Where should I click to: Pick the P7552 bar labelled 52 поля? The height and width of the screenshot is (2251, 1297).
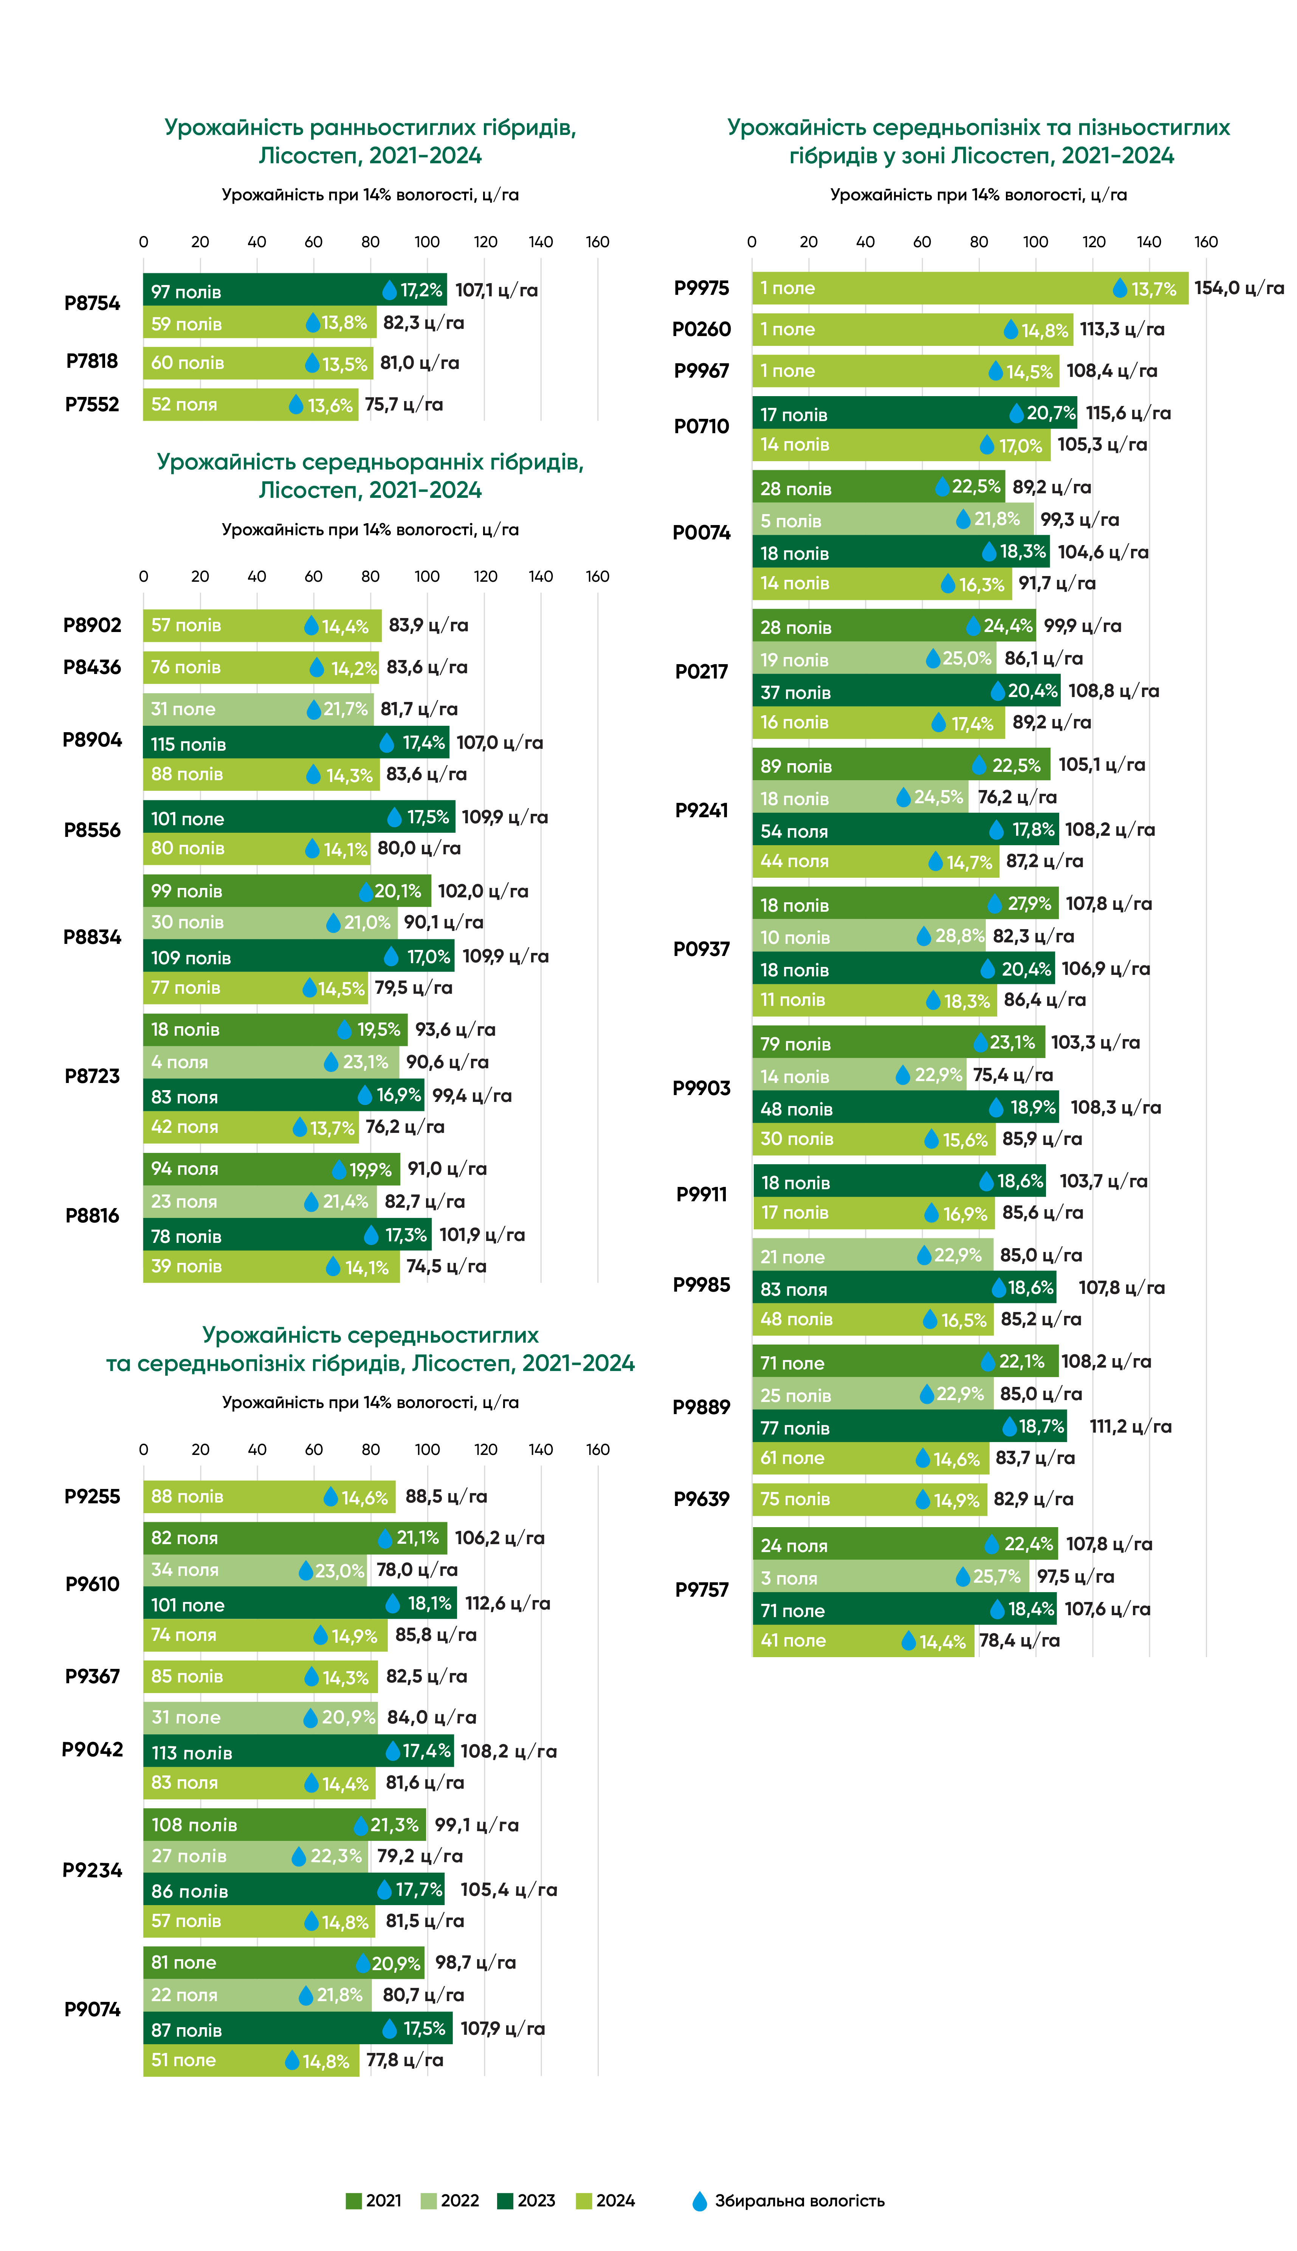pos(250,404)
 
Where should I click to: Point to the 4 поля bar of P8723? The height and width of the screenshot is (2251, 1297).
pos(271,1062)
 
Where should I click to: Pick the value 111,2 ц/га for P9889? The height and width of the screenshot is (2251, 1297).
pos(1130,1426)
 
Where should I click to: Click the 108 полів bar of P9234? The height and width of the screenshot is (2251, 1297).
pos(284,1824)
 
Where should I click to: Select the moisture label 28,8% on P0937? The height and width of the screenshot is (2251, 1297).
pos(959,936)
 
